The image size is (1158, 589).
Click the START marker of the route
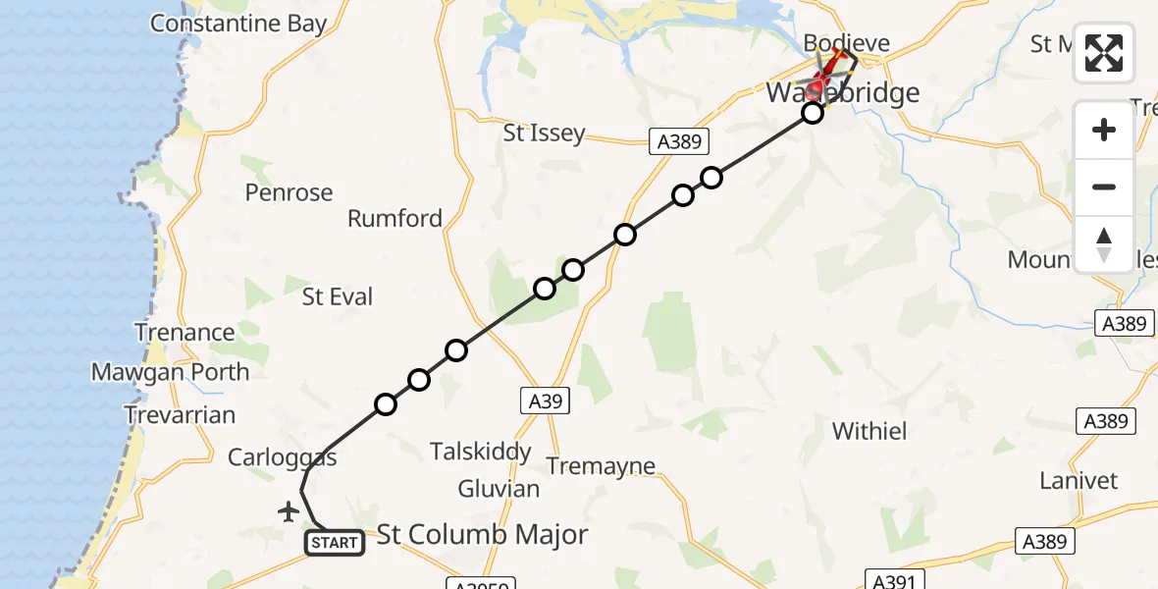335,543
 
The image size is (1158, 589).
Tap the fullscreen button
1104,53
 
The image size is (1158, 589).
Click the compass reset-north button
1104,244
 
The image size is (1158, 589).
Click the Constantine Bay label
238,24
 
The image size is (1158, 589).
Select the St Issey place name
544,133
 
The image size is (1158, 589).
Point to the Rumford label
395,218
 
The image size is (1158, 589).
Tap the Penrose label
289,192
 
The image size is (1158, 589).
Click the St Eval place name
338,296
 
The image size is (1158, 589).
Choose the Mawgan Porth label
170,372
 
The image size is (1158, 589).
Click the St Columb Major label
483,534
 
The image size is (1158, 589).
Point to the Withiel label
869,430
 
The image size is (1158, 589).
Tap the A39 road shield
540,401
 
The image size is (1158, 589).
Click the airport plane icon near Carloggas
288,511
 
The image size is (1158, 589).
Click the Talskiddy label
481,452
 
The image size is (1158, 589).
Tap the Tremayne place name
600,466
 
